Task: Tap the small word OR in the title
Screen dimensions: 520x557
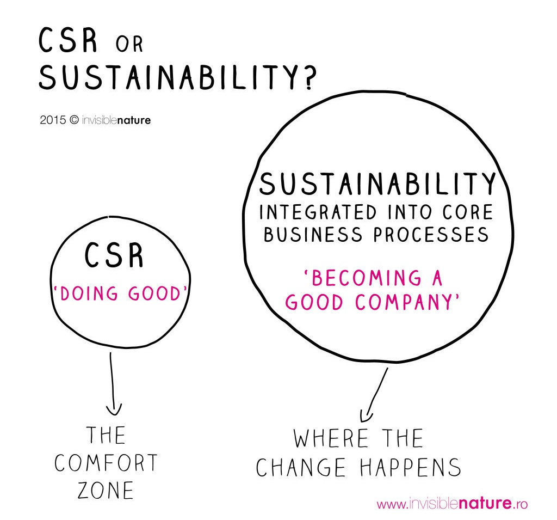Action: (x=129, y=44)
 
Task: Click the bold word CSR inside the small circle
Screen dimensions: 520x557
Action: (x=114, y=256)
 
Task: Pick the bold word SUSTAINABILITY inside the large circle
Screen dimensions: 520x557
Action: (x=377, y=184)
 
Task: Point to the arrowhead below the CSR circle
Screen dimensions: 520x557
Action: (x=114, y=408)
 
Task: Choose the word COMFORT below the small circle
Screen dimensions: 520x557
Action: (x=106, y=463)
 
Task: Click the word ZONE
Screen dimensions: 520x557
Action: (x=106, y=490)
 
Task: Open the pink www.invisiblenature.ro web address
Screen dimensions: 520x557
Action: (x=452, y=504)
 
